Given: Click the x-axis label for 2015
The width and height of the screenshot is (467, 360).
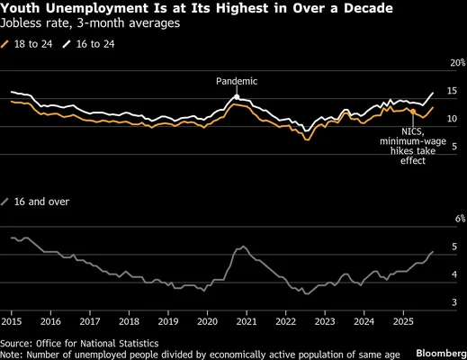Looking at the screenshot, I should click(x=13, y=320).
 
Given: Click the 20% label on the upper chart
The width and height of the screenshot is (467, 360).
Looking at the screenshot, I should click(x=458, y=62).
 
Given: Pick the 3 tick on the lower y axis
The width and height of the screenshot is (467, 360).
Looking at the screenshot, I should click(x=454, y=302).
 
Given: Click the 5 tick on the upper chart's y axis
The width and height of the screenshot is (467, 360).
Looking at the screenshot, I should click(x=454, y=146).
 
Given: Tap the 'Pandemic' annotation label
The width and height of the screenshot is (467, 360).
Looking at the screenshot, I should click(x=237, y=81).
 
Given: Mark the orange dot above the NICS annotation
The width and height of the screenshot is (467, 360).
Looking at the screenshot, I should click(x=412, y=112).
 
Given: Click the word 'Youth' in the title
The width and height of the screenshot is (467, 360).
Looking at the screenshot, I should click(x=22, y=8).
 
